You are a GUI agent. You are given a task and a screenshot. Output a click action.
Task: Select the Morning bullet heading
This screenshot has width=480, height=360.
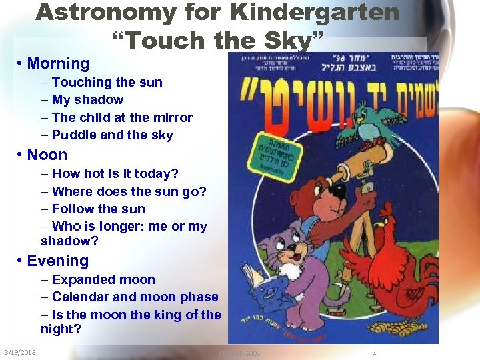[58, 64]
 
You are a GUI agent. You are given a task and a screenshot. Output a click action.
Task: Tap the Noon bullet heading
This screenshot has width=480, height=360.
[47, 155]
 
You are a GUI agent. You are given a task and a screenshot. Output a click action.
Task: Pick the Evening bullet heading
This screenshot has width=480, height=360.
[57, 261]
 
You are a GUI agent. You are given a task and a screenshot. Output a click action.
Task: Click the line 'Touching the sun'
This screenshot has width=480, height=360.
[107, 82]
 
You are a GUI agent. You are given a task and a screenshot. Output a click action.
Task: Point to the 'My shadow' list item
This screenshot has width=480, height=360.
[87, 99]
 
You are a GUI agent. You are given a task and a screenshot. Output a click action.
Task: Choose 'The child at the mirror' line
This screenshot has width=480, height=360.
[122, 117]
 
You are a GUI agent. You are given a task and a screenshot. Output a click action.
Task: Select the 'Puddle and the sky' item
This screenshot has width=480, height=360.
[112, 135]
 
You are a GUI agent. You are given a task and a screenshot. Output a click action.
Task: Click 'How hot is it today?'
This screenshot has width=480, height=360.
[115, 173]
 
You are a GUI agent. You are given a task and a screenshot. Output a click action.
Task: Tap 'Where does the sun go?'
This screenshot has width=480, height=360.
[129, 191]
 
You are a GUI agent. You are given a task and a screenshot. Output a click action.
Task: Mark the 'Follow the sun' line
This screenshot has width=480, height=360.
[98, 209]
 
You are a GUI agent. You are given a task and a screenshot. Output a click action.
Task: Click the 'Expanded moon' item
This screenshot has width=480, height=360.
[103, 279]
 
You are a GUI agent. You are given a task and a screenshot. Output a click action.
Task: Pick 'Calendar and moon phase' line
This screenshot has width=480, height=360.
[135, 297]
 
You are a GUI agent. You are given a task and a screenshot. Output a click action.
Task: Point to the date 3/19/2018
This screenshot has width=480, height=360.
[20, 352]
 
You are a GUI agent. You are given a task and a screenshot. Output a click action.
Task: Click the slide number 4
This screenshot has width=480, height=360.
[374, 353]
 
